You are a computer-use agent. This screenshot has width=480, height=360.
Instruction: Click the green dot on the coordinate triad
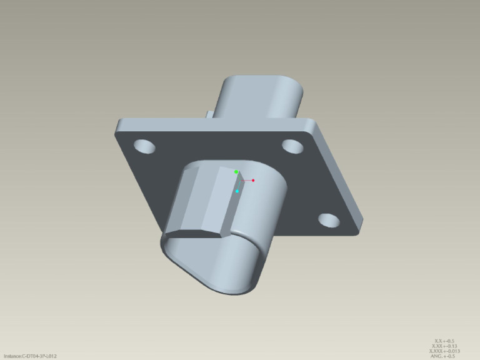click(x=236, y=172)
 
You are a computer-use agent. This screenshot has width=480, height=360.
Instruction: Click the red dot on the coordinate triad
click(x=253, y=180)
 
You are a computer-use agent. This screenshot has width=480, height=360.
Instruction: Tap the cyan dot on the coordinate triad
click(x=237, y=191)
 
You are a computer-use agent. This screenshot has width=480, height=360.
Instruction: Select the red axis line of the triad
click(x=246, y=181)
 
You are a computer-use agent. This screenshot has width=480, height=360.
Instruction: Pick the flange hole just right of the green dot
click(x=292, y=146)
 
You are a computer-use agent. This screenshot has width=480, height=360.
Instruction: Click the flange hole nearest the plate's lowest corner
click(x=329, y=220)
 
